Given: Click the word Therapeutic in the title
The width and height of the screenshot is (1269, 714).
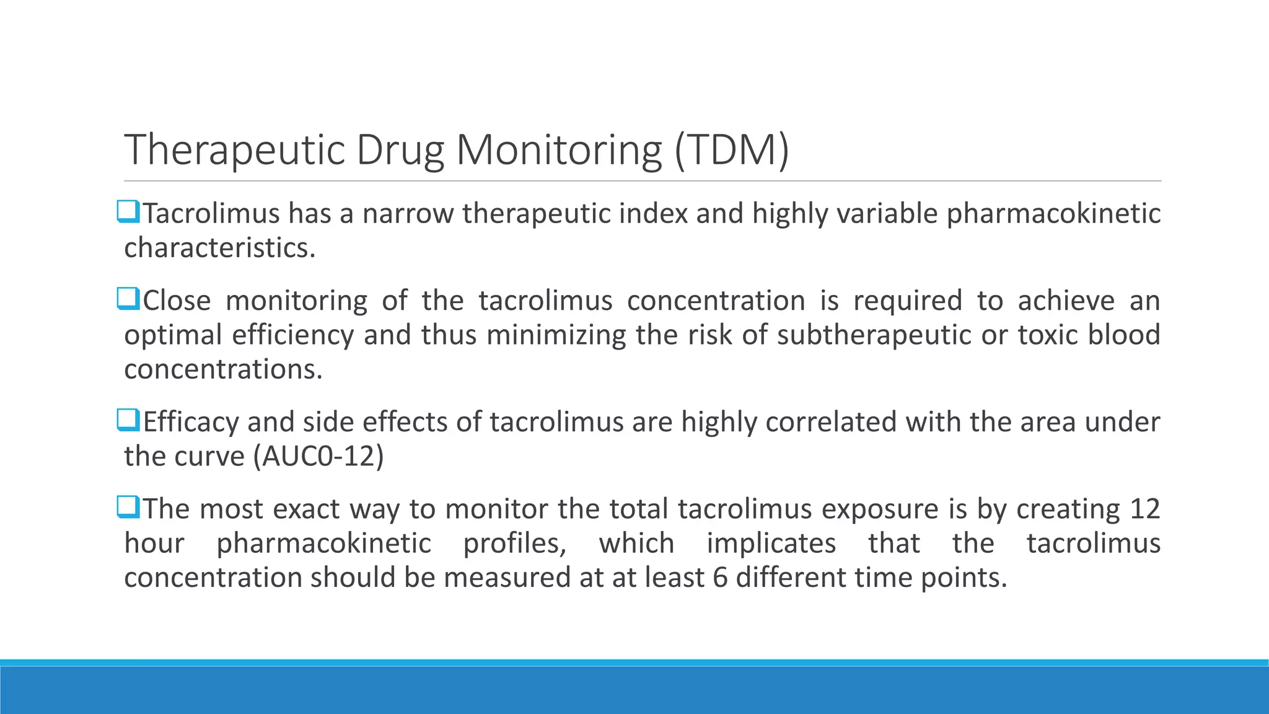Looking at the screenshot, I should [234, 150].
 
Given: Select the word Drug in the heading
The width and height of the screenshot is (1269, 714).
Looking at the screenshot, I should [400, 150].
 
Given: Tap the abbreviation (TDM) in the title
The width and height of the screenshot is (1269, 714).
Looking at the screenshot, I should [731, 150].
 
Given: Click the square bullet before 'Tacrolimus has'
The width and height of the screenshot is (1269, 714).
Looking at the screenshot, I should [128, 213].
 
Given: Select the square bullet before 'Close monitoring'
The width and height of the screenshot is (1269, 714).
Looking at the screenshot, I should [128, 300].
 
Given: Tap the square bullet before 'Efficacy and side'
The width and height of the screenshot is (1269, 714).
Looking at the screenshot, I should [128, 421].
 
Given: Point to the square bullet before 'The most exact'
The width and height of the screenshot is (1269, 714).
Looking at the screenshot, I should [128, 508].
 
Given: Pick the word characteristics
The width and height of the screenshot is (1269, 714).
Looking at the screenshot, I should [219, 248].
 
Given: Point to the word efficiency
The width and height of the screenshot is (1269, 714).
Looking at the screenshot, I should [292, 335].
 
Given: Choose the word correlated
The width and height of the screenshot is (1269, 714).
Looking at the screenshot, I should [831, 422].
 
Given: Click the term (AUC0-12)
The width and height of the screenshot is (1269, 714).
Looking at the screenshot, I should [318, 457].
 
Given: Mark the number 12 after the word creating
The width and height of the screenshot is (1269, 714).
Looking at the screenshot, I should [1144, 509].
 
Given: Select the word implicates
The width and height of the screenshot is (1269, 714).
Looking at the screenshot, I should [771, 544].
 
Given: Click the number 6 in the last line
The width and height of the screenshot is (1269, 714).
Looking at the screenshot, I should [719, 578].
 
